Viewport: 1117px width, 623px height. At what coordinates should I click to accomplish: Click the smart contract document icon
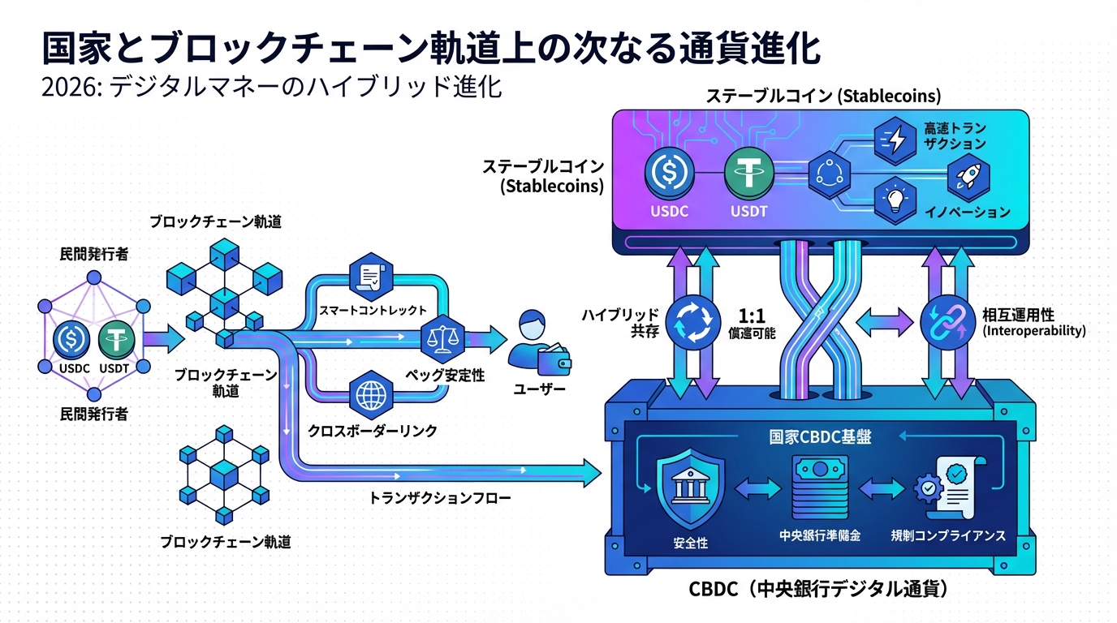[x=369, y=277]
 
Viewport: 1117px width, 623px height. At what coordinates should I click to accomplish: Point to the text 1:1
[x=749, y=315]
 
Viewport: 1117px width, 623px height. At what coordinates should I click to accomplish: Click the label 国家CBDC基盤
[x=820, y=436]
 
